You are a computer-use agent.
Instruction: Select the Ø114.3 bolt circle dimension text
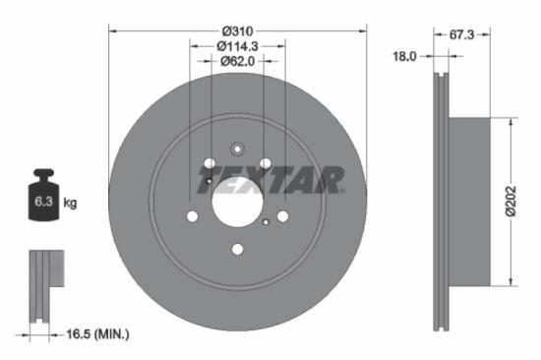tap(237, 45)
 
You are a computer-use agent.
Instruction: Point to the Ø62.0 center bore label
tap(237, 61)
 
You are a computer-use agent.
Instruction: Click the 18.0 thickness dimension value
tap(405, 57)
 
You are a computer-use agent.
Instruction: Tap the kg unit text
tap(70, 203)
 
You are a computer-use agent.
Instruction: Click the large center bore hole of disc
tap(237, 203)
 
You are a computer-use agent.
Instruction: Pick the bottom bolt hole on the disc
tap(237, 249)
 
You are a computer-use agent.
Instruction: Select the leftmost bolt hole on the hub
tap(192, 216)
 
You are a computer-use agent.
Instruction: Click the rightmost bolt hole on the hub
tap(282, 216)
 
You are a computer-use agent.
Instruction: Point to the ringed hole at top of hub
tap(237, 150)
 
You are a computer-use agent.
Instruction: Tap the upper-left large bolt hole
tap(210, 163)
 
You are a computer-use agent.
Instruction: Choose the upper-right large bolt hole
tap(265, 163)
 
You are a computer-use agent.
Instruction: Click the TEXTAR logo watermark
tap(270, 180)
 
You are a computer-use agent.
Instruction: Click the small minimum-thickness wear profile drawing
tap(44, 285)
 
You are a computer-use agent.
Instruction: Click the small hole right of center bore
tap(267, 222)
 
